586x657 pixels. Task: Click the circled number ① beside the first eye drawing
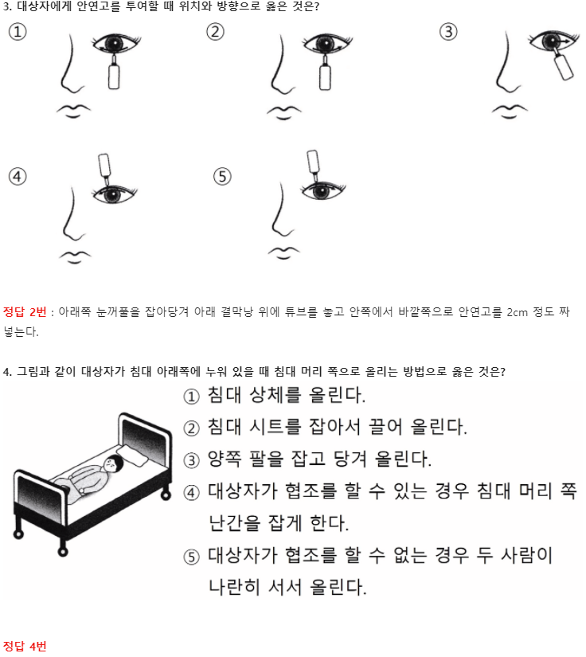(18, 32)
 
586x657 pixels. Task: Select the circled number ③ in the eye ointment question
(448, 32)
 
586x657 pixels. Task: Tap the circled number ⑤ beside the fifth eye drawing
(222, 177)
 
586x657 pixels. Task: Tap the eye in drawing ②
(327, 43)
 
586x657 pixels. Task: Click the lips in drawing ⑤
(284, 252)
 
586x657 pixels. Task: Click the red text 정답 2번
(25, 311)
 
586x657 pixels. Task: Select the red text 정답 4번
(25, 646)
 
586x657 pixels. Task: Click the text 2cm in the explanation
(517, 312)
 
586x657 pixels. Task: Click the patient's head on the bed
(113, 463)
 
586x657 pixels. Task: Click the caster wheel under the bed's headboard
(166, 495)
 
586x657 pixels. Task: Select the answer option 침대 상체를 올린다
(287, 395)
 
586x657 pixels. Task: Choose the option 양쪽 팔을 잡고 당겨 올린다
(319, 460)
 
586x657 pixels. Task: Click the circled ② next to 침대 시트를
(191, 428)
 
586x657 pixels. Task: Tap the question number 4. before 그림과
(7, 372)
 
